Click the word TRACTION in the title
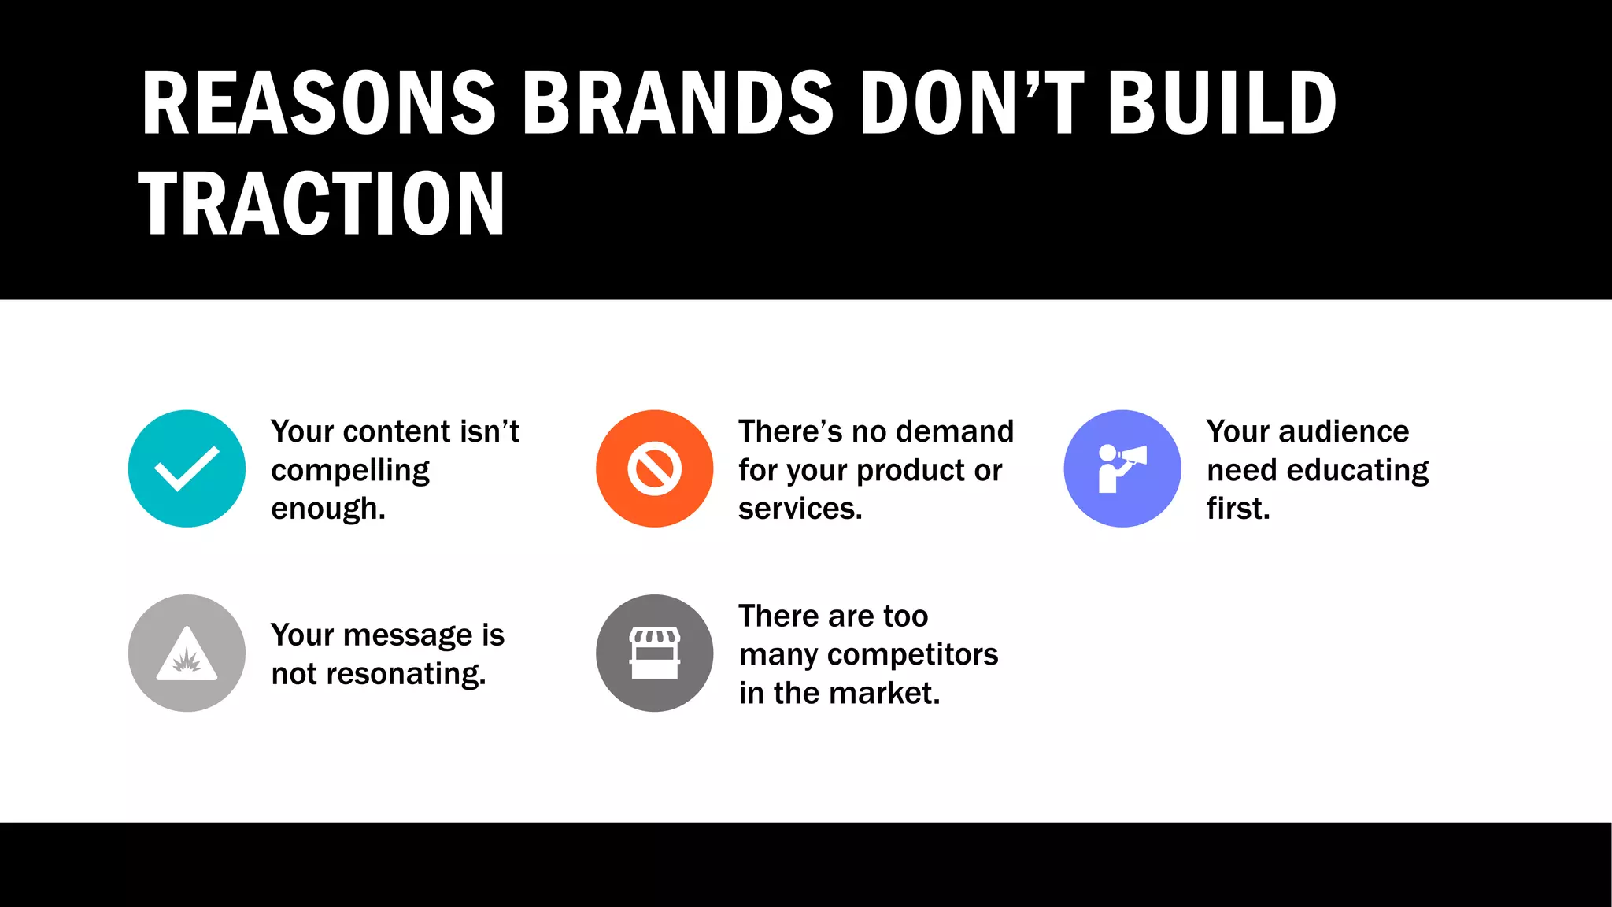(x=321, y=203)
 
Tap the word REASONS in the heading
(x=319, y=103)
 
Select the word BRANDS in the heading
(x=677, y=103)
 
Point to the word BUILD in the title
(x=1222, y=103)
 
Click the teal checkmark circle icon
(x=187, y=468)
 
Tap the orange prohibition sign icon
(x=654, y=468)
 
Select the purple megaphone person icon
(x=1122, y=468)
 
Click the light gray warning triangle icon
(x=187, y=653)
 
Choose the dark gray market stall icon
(x=654, y=653)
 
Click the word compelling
(x=350, y=471)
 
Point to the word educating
(x=1357, y=470)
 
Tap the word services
(x=800, y=509)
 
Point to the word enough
(x=327, y=509)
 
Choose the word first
(x=1238, y=509)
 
